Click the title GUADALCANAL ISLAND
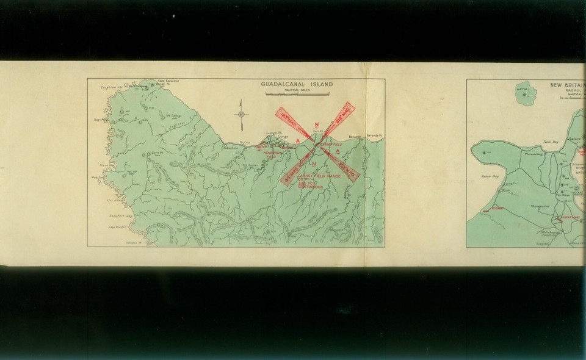pyautogui.click(x=297, y=85)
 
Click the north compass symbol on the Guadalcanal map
pyautogui.click(x=242, y=114)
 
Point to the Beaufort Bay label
pyautogui.click(x=120, y=215)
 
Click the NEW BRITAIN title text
pyautogui.click(x=568, y=85)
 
